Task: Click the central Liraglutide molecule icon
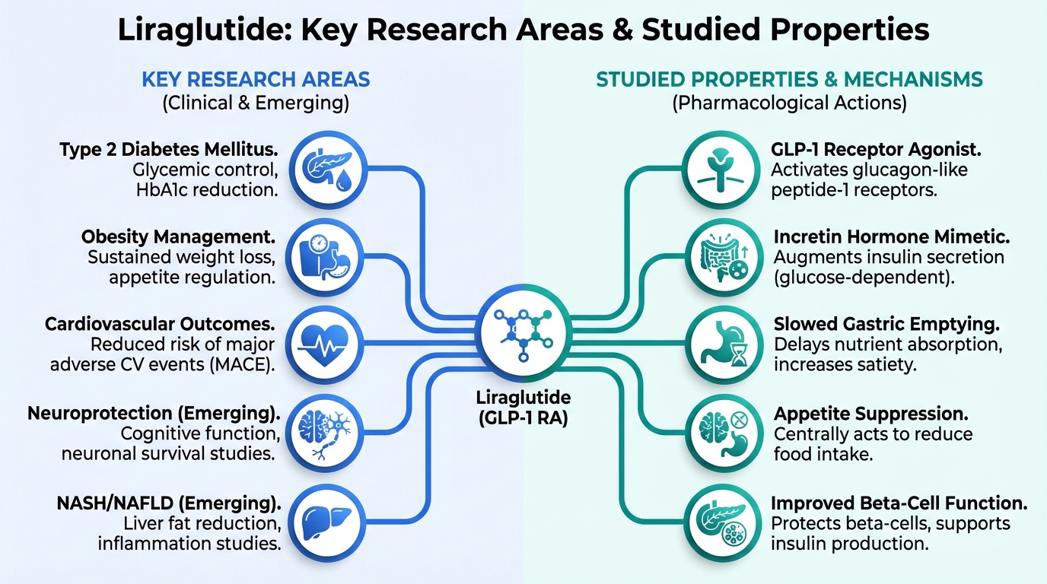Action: tap(523, 335)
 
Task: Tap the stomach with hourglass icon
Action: tap(719, 344)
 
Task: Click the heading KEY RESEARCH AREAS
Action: tap(256, 79)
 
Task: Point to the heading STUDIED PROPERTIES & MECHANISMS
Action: tap(789, 79)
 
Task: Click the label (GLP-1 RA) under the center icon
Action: tap(523, 417)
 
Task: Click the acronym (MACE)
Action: tap(246, 364)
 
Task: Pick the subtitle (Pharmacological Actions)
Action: tap(789, 103)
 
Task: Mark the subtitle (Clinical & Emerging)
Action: tap(256, 103)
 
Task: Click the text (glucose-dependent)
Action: tap(864, 278)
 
